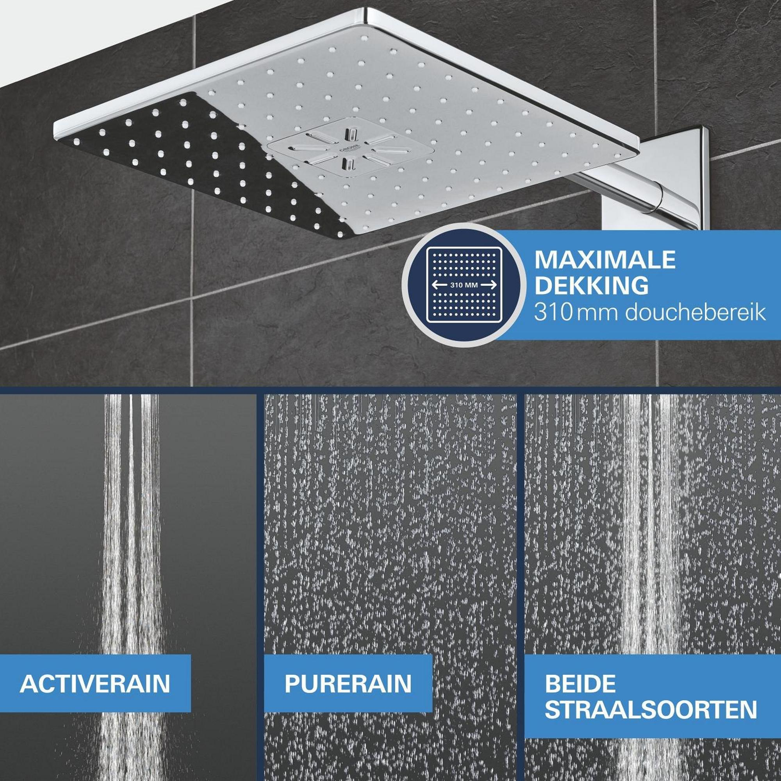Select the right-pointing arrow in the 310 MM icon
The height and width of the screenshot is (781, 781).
coord(488,285)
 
